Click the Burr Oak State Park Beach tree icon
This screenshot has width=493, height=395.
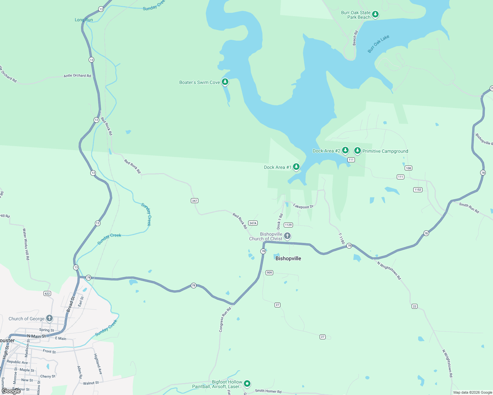point(375,14)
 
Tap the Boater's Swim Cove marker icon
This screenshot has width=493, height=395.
point(225,82)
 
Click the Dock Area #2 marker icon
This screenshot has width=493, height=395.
point(345,150)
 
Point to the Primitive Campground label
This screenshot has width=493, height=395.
point(385,151)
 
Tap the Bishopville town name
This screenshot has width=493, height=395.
point(288,258)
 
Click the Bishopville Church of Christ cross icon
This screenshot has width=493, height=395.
point(287,236)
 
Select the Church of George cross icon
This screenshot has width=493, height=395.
point(49,318)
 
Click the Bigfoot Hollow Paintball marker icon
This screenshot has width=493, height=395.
point(247,383)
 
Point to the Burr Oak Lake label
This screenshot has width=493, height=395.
point(378,44)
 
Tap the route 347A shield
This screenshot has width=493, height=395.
point(253,223)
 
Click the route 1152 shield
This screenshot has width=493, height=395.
point(418,190)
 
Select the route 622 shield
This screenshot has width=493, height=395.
point(47,293)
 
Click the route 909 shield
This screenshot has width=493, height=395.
point(270,273)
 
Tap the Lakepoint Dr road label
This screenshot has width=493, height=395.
point(303,206)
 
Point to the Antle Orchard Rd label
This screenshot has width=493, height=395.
point(77,76)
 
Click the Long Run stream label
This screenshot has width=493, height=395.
point(84,20)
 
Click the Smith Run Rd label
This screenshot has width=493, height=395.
point(469,208)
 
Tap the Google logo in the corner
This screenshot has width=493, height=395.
point(11,391)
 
